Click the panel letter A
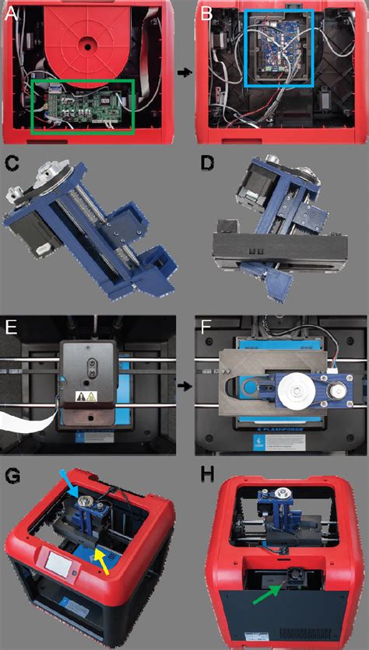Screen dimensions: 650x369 [x=12, y=12]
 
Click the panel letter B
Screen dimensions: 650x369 [x=206, y=12]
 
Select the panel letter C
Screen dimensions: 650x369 [x=12, y=164]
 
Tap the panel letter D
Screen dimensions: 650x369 [x=206, y=164]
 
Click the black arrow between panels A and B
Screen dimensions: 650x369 [x=184, y=72]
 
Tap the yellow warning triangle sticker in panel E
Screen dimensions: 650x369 [x=81, y=397]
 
